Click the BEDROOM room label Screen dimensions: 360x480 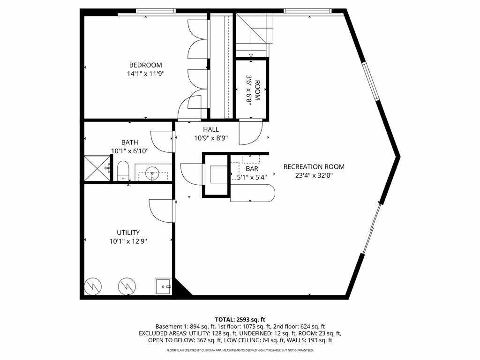(145, 65)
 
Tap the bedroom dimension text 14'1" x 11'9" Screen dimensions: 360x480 (145, 74)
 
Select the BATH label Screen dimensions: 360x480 (129, 142)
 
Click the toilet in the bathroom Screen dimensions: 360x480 (123, 171)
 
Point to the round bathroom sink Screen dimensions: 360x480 (152, 172)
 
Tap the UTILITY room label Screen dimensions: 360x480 (128, 232)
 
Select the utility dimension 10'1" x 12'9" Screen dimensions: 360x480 (128, 241)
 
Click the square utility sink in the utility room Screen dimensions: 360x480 (163, 285)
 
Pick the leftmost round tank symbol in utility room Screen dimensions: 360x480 (92, 285)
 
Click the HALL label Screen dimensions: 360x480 (211, 129)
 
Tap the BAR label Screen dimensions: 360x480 (252, 168)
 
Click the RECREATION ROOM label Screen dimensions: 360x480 (314, 166)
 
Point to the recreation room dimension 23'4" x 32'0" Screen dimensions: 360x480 (314, 175)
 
